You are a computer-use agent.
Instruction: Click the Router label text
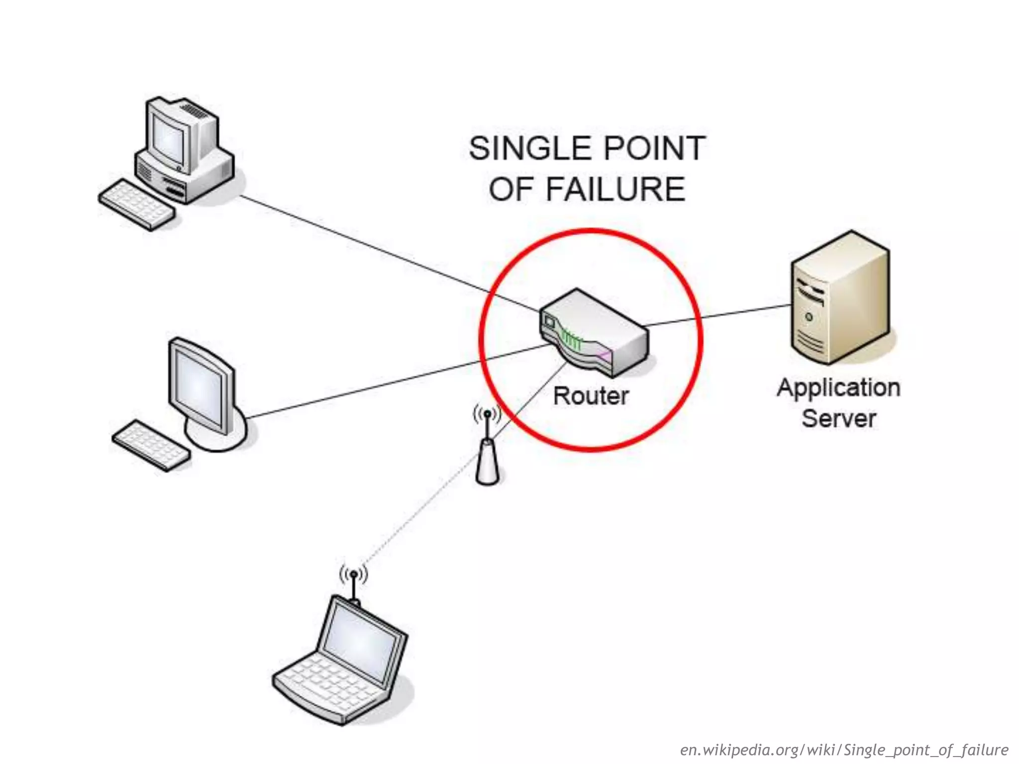[x=591, y=396]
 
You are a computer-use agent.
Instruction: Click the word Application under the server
[x=839, y=388]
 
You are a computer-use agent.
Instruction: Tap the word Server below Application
[x=839, y=418]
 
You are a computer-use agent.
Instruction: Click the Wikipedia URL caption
[x=844, y=750]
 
